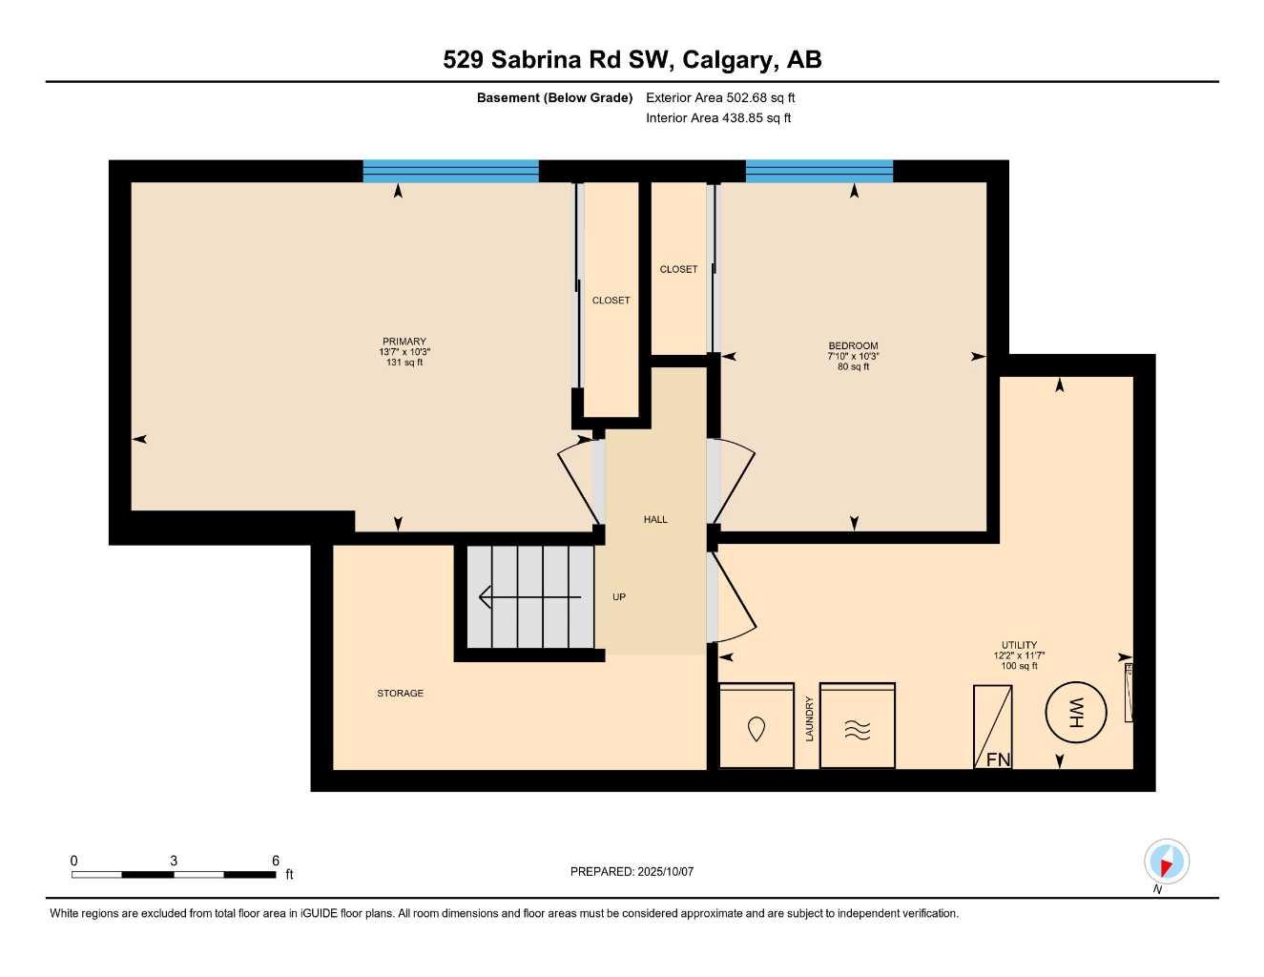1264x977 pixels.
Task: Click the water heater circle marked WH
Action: point(1076,712)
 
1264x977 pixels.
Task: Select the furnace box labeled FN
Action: point(992,727)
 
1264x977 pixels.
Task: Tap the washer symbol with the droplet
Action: point(756,726)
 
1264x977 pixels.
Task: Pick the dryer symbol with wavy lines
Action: point(858,726)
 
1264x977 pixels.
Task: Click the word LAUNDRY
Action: point(809,718)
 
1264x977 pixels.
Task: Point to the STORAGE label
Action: point(400,694)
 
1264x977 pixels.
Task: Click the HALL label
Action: point(655,520)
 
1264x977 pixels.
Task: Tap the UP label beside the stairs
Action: point(619,597)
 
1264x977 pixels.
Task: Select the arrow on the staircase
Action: point(529,597)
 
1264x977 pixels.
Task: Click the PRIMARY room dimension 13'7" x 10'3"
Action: point(404,352)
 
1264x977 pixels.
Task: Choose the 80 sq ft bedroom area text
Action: point(853,367)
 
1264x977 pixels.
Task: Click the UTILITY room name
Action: point(1019,645)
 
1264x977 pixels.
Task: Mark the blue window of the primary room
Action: point(450,171)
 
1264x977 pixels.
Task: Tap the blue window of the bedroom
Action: point(818,171)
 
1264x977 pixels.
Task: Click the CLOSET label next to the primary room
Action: point(611,301)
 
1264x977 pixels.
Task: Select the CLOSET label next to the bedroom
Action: point(678,270)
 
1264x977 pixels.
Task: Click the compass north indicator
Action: point(1166,863)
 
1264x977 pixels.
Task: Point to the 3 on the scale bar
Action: point(174,861)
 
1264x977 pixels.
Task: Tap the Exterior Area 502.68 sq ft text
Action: point(720,97)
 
